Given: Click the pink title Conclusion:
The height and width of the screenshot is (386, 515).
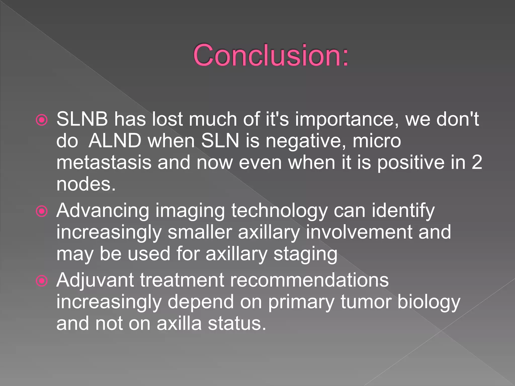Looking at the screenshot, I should click(x=271, y=55).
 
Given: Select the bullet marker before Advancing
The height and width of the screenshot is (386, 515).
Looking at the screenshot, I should click(x=42, y=211).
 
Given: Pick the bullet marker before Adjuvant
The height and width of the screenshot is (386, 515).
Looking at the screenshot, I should click(x=42, y=281).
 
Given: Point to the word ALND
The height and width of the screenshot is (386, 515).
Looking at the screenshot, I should click(x=115, y=141).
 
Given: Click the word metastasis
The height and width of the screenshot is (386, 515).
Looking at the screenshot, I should click(x=104, y=163).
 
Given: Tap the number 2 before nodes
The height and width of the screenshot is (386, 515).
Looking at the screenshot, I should click(x=477, y=162).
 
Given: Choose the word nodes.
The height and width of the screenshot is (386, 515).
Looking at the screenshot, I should click(x=86, y=184).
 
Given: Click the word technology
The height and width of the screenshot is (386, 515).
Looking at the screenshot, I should click(x=279, y=211).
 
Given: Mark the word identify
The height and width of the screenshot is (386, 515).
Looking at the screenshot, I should click(x=403, y=211).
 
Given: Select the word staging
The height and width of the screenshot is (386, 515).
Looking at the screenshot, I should click(x=305, y=254).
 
